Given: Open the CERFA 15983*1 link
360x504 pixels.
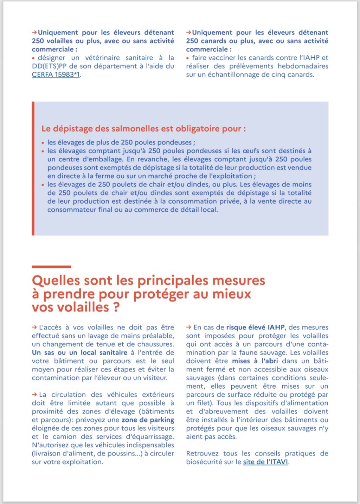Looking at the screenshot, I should pos(56,75).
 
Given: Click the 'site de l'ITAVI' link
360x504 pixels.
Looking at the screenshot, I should pos(265,462).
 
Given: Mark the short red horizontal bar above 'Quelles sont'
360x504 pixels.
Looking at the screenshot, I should pos(51,267).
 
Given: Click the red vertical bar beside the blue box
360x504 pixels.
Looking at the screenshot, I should pos(33,168).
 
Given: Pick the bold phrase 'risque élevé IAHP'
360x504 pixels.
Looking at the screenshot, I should pos(255,327).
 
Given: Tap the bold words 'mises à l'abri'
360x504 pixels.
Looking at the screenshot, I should pos(255,361).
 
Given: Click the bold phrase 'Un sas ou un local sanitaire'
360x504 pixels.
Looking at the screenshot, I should pos(79,352).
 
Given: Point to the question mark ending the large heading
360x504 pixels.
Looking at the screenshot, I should pos(116,307).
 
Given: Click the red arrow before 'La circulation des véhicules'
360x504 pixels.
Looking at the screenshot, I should pos(34,395).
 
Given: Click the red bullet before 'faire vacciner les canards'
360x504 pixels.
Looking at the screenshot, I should pos(188,58).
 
